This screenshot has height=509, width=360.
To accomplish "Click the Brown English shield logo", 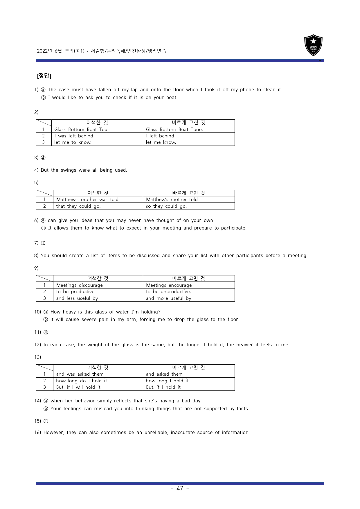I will (x=313, y=45).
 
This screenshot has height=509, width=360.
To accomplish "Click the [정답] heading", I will (x=44, y=76).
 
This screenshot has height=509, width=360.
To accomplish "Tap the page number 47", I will (x=180, y=488).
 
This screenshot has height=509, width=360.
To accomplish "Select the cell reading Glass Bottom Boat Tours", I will (x=174, y=130).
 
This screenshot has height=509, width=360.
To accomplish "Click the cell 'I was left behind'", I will (x=74, y=136).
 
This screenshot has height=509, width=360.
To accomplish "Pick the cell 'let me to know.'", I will (x=73, y=142).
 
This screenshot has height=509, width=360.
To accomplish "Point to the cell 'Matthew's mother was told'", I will (x=87, y=200).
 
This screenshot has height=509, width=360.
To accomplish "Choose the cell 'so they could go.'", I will (x=166, y=206).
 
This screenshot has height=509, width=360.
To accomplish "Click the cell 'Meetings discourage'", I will (x=79, y=285).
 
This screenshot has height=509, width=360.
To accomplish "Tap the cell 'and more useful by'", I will (x=168, y=298).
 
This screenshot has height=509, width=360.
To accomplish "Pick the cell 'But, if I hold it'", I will (x=163, y=387).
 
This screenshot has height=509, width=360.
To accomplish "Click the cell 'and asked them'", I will (x=164, y=374).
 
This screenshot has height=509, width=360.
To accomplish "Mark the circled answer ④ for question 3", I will (x=43, y=158).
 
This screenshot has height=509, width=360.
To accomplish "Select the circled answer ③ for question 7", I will (x=43, y=243).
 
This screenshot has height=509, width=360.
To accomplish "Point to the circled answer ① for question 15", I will (x=46, y=421).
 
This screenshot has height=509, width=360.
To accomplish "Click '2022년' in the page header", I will (x=44, y=51).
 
